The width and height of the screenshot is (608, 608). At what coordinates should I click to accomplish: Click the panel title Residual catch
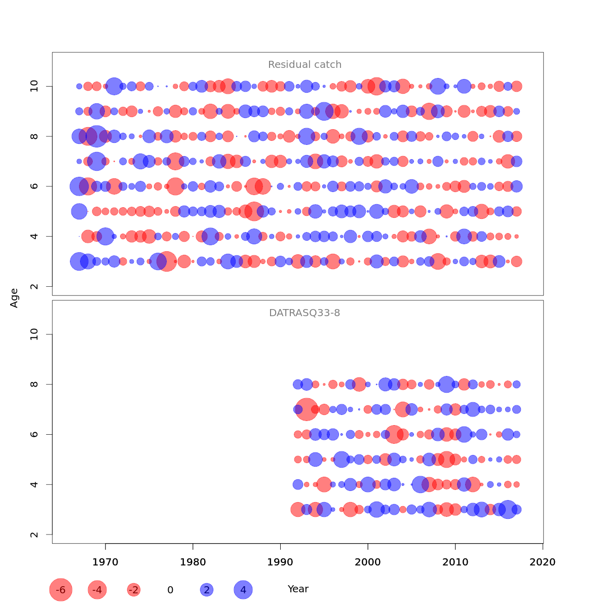(x=305, y=65)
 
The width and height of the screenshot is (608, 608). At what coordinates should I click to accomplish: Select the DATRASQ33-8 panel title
(x=305, y=313)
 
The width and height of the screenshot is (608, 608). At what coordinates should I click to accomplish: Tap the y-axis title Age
(x=14, y=298)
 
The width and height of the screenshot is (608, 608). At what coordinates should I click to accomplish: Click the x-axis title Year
(x=298, y=589)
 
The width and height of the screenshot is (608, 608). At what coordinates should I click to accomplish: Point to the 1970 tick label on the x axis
(x=105, y=562)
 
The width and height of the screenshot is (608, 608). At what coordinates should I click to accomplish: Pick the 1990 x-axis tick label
(x=280, y=562)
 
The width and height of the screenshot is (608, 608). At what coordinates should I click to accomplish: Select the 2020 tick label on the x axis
(x=543, y=562)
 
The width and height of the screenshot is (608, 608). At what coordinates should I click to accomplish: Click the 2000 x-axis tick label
(x=368, y=562)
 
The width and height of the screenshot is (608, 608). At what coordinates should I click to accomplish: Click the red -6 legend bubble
(x=61, y=590)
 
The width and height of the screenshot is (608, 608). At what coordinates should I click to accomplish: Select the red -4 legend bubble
(x=97, y=590)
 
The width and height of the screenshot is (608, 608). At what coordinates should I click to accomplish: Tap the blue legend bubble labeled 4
(x=243, y=590)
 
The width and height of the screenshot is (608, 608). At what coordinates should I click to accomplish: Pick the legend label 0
(x=170, y=590)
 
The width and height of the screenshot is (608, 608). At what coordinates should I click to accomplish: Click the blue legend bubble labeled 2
(x=206, y=590)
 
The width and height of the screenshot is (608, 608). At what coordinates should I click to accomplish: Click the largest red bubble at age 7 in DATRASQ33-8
(x=307, y=409)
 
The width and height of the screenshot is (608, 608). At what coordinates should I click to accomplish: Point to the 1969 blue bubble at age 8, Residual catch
(x=96, y=136)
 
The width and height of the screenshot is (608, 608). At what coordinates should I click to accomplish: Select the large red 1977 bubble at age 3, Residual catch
(x=167, y=261)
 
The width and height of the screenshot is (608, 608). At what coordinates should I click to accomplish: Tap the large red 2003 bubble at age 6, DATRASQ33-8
(x=394, y=434)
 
